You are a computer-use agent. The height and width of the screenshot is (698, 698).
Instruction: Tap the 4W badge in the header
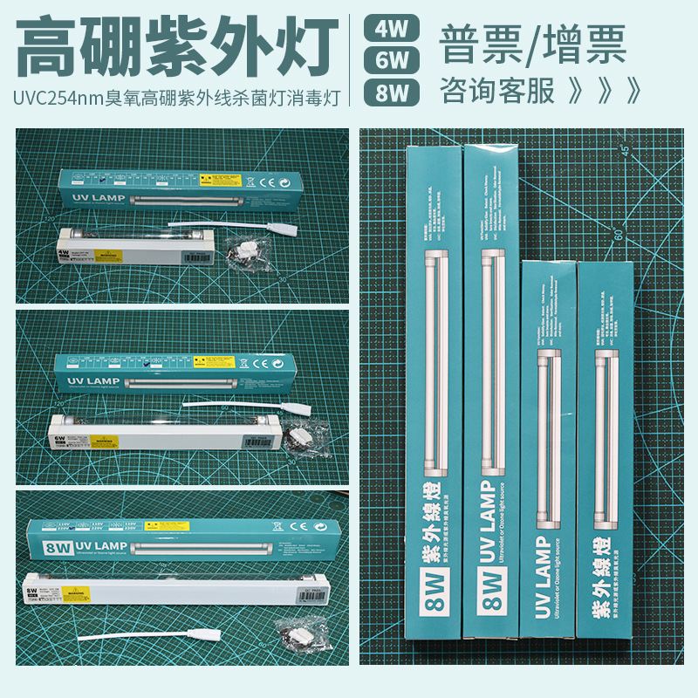pos(392,28)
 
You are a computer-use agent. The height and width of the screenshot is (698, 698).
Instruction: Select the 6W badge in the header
pos(392,58)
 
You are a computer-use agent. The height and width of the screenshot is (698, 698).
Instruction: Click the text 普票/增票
pos(533,44)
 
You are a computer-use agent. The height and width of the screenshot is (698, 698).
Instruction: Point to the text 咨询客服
pos(497,90)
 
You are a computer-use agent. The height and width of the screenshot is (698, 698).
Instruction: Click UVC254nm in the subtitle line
pos(58,92)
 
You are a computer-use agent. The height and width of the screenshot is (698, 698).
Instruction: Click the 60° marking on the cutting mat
pos(618,234)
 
